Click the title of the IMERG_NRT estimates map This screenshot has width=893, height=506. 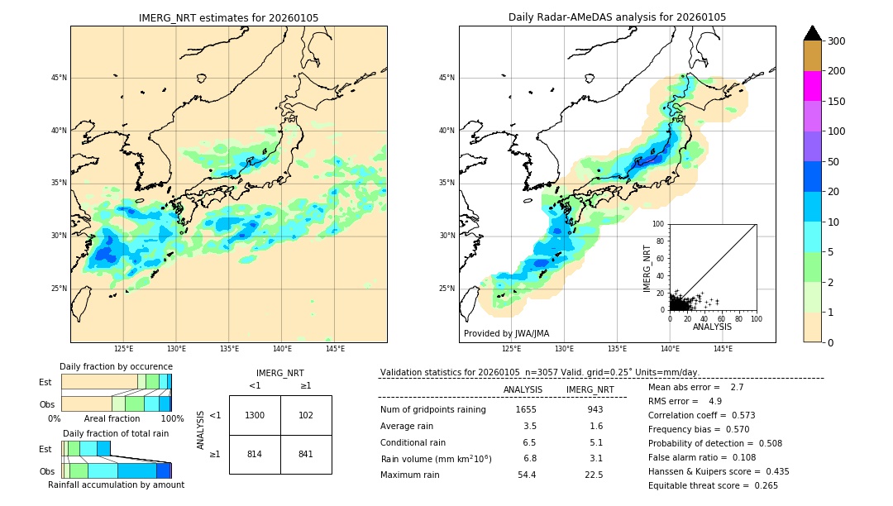pos(228,17)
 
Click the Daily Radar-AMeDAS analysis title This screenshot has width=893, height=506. pos(617,17)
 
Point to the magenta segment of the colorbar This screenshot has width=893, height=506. pos(812,87)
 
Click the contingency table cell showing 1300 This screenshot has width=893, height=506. pos(255,415)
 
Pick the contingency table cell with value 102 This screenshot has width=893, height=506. pos(306,415)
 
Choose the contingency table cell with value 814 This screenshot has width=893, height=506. pos(255,454)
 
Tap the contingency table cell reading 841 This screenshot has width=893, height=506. pos(306,454)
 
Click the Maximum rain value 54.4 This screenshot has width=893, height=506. pos(526,475)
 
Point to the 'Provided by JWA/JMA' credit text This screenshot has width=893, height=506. pos(506,334)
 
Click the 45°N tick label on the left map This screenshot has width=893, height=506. pos(59,78)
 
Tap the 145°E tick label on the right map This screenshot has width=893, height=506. pos(723,349)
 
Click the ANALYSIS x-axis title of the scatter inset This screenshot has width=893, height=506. pos(712,327)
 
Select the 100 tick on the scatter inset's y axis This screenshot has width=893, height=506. pos(659,224)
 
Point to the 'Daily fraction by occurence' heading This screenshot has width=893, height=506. pos(116,366)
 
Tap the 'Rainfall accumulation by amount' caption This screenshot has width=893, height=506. pos(116,485)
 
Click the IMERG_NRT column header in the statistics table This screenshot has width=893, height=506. pos(590,389)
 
